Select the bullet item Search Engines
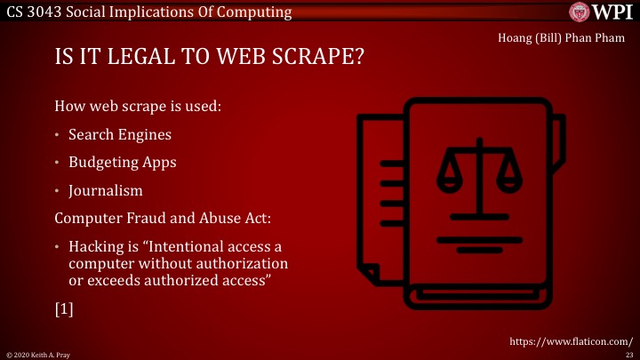[120, 135]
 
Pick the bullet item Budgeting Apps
[123, 163]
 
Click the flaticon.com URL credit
[571, 340]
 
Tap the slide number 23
[628, 354]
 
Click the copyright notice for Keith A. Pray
[31, 354]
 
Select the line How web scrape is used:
[138, 107]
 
